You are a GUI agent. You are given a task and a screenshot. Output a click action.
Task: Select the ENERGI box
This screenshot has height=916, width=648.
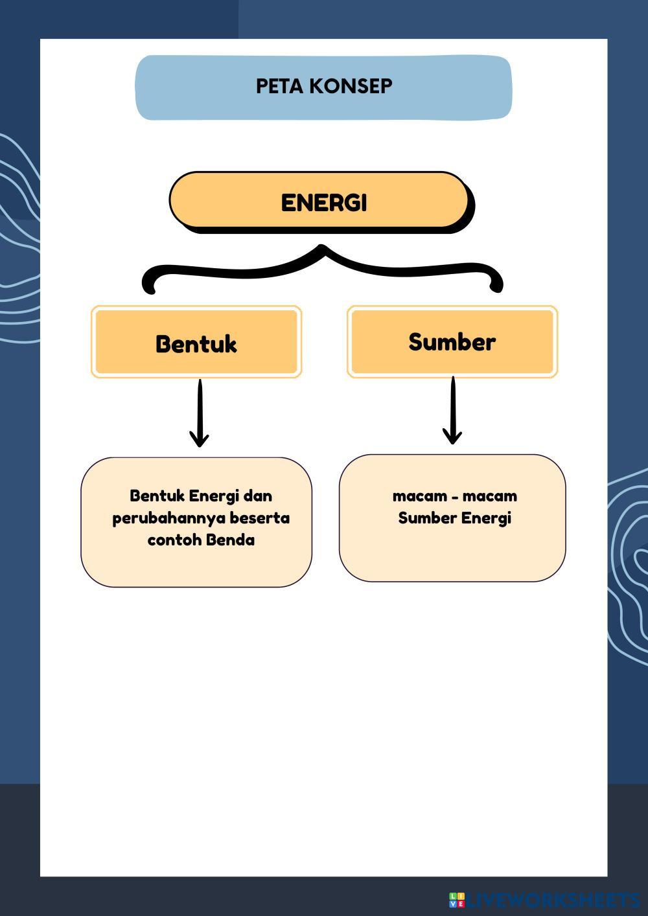tap(321, 201)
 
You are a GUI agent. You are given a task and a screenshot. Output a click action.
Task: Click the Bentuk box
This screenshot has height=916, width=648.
tap(196, 343)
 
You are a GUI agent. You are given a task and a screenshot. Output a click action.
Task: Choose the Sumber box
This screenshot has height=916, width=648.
tap(452, 341)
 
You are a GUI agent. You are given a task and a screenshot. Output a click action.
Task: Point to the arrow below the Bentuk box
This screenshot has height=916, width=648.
tap(200, 415)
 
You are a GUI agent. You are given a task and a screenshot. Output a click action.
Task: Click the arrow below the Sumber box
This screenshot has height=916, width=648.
tap(452, 412)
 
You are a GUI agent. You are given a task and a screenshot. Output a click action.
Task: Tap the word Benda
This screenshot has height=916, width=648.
tap(231, 540)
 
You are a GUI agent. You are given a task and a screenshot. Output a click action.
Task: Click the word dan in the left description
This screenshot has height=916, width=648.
tap(257, 496)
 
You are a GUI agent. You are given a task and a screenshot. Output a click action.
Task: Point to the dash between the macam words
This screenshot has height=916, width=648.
tap(454, 497)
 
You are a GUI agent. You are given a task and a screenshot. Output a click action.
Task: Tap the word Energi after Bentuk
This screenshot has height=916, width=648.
tap(214, 496)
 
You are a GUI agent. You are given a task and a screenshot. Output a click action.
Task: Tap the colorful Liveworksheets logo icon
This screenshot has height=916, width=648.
tap(457, 900)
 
